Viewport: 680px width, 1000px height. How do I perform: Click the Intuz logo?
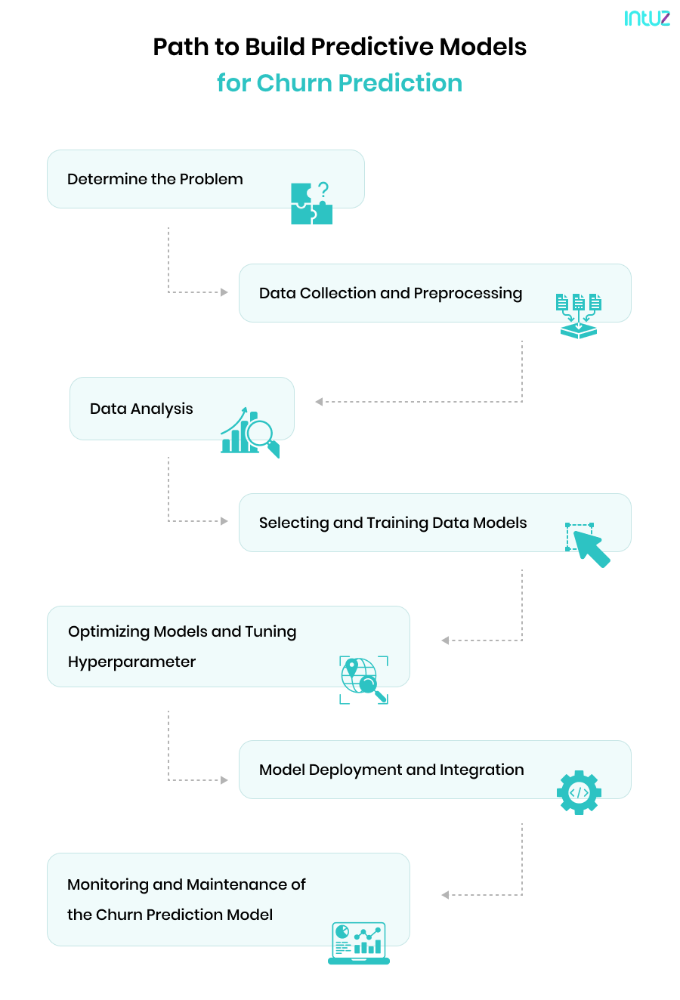pos(647,18)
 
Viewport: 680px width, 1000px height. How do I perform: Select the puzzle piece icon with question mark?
pos(311,203)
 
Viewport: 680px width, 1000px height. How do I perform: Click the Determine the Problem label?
pos(155,179)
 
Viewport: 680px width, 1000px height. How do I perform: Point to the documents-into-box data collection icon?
pos(579,316)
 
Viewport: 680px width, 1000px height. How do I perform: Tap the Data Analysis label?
pos(141,409)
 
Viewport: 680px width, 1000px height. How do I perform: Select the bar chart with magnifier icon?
pos(249,434)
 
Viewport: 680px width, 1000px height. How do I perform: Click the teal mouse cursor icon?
pos(589,545)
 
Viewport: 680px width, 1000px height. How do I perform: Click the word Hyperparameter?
pos(131,662)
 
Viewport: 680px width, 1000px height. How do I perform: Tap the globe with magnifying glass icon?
pos(363,680)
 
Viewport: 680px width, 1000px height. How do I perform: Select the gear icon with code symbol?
pos(579,792)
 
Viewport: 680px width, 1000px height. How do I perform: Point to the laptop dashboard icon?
pos(359,943)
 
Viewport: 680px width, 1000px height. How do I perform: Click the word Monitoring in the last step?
pos(107,884)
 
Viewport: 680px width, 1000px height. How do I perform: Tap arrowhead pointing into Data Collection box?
pos(224,292)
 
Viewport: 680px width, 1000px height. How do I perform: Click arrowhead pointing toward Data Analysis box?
pos(319,402)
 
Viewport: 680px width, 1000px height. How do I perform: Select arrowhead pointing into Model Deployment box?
pos(224,780)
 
